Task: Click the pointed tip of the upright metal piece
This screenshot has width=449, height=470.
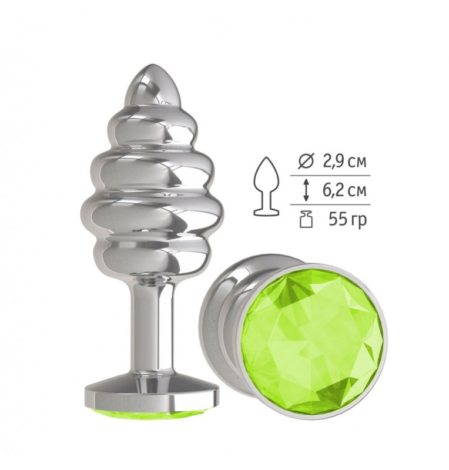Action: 152,65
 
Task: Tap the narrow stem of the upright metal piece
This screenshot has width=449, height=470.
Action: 152,330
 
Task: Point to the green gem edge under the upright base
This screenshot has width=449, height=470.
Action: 152,414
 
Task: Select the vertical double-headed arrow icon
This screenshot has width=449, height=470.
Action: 306,190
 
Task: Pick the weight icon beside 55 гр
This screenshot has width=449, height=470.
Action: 306,219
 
